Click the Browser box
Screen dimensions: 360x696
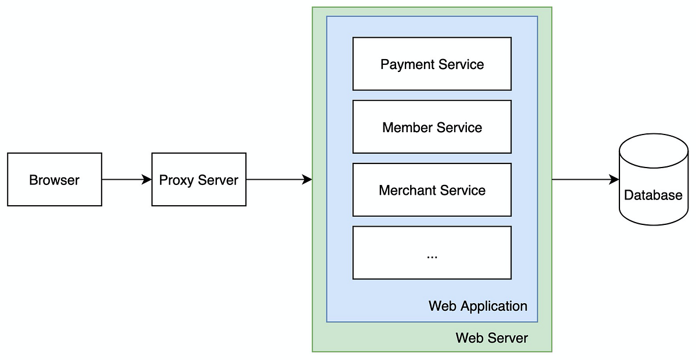(55, 180)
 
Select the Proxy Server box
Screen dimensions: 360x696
(198, 180)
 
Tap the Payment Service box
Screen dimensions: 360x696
(432, 64)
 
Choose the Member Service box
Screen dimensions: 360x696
(432, 127)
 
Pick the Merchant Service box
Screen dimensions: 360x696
(432, 190)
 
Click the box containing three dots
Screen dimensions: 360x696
(432, 253)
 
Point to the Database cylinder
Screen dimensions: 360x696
(653, 186)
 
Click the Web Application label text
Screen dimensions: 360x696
(478, 306)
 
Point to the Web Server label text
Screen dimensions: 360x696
(492, 338)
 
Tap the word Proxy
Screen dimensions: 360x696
(172, 180)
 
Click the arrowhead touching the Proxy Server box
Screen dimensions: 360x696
(147, 180)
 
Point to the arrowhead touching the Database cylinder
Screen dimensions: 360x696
(615, 180)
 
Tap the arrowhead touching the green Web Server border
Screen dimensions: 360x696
(308, 180)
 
